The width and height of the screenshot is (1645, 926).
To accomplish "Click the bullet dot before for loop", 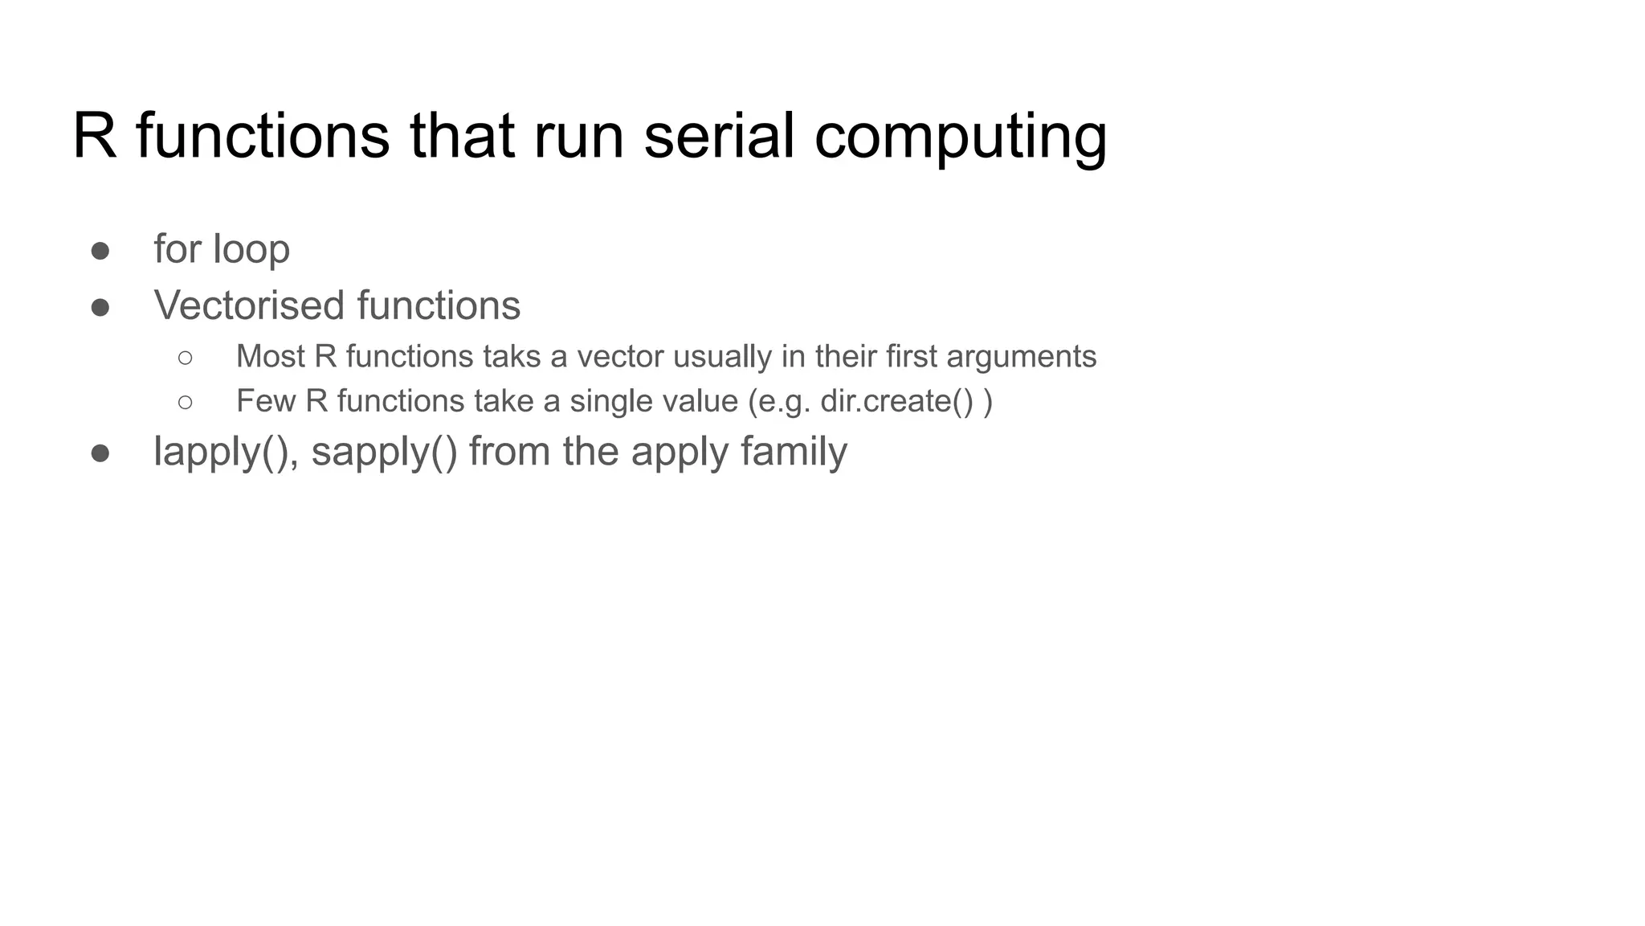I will click(100, 251).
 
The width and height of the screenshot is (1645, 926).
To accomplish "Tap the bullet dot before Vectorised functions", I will click(100, 307).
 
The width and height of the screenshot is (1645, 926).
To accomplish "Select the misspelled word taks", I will click(511, 356).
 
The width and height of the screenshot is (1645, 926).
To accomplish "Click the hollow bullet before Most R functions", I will click(186, 358).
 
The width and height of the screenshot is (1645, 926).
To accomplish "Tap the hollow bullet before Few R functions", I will click(186, 402).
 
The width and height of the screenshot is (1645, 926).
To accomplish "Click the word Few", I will click(265, 401).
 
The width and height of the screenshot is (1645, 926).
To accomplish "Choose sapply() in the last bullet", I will click(384, 452).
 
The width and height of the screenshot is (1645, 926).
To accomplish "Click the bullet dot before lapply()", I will click(100, 453).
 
